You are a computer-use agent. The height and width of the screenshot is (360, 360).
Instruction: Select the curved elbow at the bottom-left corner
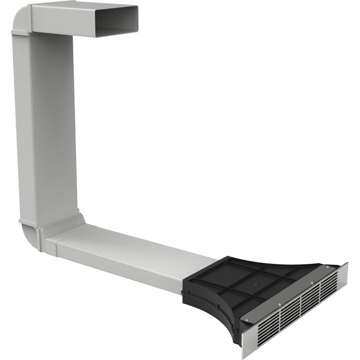pos(30,234)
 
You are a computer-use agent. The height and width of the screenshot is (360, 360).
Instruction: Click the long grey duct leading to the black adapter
pos(130,256)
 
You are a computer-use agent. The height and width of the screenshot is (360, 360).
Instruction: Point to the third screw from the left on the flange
pos(312,283)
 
